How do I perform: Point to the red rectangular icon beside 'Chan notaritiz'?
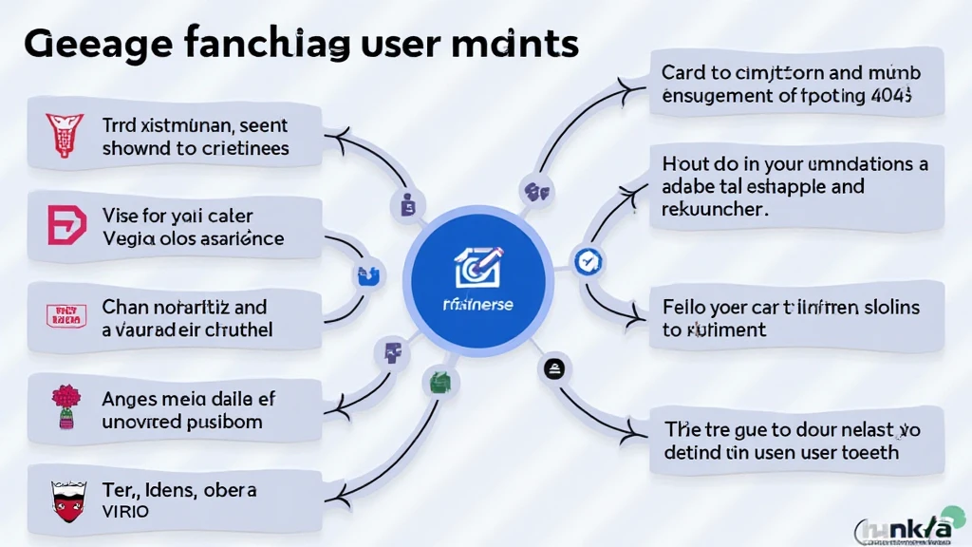coord(65,316)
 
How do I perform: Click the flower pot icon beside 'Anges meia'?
coord(65,406)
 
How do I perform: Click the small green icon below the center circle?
coord(439,382)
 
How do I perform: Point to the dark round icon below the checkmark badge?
coord(553,368)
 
